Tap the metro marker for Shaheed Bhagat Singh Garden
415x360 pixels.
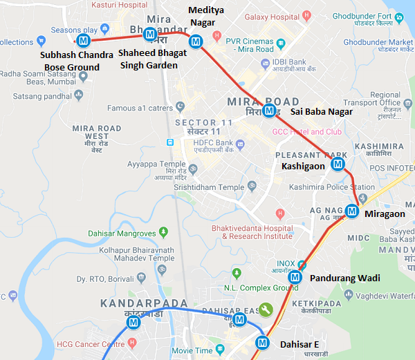(x=149, y=34)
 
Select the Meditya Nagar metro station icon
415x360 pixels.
(x=196, y=41)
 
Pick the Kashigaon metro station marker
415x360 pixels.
(x=338, y=164)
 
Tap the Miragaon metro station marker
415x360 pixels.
(x=352, y=211)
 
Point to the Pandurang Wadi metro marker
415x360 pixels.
(x=295, y=277)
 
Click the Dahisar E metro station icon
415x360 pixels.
(x=262, y=341)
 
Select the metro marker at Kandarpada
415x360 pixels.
(x=133, y=322)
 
